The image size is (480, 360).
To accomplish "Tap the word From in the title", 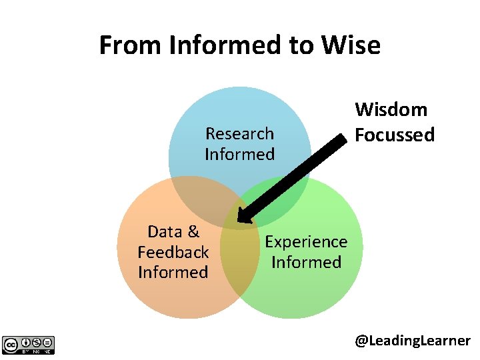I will (x=131, y=45).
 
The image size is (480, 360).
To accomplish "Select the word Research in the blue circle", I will (x=239, y=133).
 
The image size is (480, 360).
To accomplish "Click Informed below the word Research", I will (x=239, y=154).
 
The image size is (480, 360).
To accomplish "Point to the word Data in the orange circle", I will (x=164, y=231).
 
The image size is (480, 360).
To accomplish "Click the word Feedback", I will (x=173, y=252).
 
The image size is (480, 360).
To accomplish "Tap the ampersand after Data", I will (x=193, y=231).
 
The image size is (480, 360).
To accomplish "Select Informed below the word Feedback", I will (x=173, y=272).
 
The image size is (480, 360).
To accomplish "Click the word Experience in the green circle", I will (x=306, y=241).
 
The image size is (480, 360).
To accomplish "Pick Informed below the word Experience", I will (x=306, y=262).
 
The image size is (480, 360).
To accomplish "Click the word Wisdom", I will (x=391, y=109).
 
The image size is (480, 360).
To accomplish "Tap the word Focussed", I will (x=394, y=135).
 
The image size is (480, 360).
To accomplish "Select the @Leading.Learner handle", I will (x=412, y=341).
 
